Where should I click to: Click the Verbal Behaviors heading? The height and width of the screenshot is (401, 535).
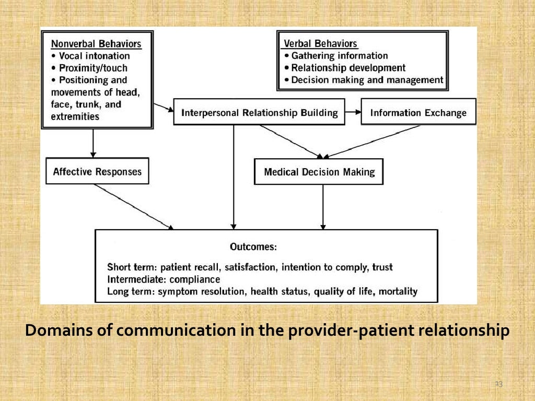(320, 44)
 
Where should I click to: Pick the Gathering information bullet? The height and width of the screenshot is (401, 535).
(336, 56)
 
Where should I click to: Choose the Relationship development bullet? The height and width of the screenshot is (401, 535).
(345, 68)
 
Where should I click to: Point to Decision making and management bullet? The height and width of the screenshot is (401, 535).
(364, 80)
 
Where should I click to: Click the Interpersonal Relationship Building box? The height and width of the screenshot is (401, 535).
(259, 113)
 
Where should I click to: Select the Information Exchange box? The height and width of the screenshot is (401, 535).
(418, 113)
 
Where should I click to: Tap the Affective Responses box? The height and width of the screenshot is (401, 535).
(97, 172)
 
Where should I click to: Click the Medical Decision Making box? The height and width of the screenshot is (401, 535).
(319, 172)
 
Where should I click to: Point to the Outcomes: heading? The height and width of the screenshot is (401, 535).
(253, 246)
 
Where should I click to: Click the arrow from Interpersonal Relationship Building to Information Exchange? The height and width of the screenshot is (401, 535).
(353, 113)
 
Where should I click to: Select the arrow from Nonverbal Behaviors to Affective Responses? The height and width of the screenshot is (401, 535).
(93, 143)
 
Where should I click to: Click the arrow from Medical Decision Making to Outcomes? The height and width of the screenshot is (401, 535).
(323, 207)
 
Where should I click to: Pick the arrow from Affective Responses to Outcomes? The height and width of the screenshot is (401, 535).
(134, 206)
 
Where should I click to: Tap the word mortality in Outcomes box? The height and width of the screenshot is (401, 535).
(399, 291)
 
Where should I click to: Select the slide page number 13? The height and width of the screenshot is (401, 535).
(498, 384)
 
